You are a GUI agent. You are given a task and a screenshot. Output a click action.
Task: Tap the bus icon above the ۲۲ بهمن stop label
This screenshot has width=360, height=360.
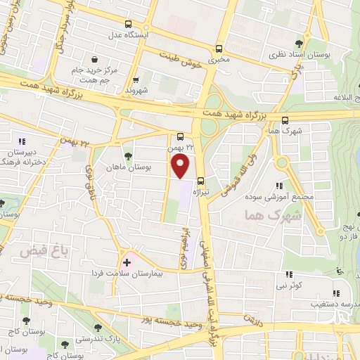181,137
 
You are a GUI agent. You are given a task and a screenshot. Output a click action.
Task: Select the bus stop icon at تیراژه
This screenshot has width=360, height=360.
201,179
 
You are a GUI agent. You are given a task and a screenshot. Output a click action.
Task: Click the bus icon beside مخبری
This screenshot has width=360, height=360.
219,49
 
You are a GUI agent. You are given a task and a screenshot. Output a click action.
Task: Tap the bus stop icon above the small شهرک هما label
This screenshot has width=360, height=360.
284,120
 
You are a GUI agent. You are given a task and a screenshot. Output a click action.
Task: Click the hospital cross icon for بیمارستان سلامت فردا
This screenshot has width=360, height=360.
126,261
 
